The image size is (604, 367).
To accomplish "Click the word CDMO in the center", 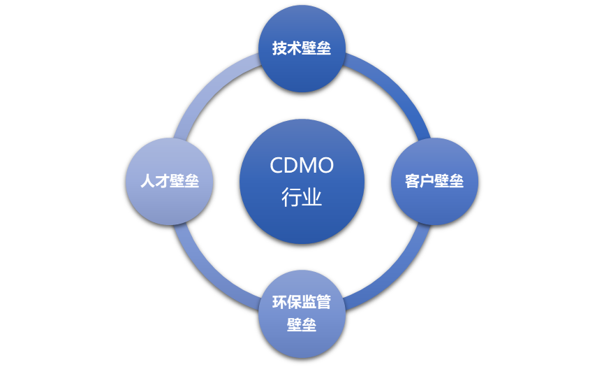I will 302,166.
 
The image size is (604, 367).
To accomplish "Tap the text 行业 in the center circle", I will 302,197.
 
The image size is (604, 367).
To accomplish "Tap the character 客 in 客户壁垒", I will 413,181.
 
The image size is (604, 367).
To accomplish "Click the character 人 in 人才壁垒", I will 147,181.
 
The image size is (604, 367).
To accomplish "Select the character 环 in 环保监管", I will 280,303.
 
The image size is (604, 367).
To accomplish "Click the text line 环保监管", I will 302,303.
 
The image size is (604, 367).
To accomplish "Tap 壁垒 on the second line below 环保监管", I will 302,325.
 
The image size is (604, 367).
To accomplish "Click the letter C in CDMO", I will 277,166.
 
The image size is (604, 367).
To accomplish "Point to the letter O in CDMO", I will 325,166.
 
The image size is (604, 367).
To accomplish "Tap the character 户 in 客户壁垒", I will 427,181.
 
